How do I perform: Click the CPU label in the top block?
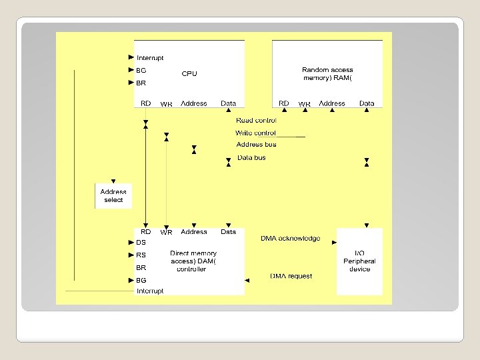[x=189, y=74]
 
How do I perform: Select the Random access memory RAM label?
[x=327, y=74]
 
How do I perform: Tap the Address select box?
[x=113, y=195]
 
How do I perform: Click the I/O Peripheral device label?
[x=359, y=261]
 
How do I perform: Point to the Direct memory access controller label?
[x=193, y=261]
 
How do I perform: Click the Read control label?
[x=256, y=121]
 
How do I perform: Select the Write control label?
[x=255, y=133]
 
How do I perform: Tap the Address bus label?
[x=256, y=145]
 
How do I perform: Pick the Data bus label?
[x=251, y=158]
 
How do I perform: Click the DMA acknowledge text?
[x=290, y=238]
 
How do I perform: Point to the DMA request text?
[x=291, y=276]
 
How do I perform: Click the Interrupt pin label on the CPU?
[x=150, y=58]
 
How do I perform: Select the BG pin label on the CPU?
[x=141, y=70]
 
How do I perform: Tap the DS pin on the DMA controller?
[x=141, y=243]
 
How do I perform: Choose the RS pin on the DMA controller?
[x=141, y=255]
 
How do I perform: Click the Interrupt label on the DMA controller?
[x=150, y=291]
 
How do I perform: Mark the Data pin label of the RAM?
[x=367, y=103]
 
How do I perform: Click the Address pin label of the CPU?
[x=194, y=103]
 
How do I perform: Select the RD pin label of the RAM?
[x=284, y=103]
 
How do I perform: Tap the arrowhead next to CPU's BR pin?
[x=131, y=83]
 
